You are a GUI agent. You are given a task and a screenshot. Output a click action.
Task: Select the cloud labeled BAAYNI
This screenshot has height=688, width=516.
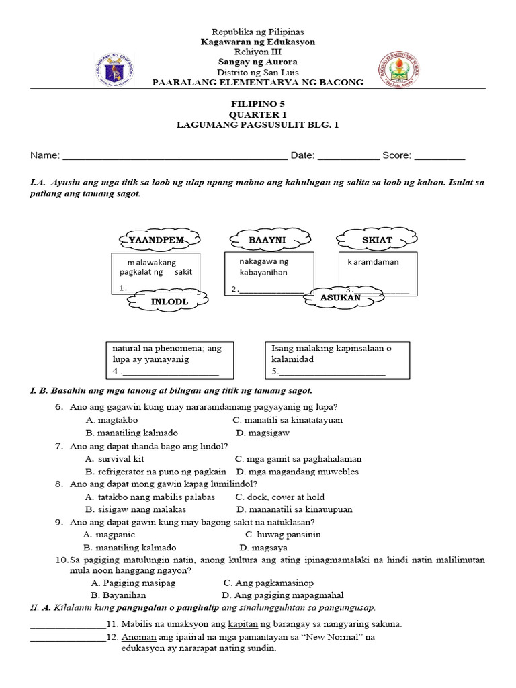pyautogui.click(x=269, y=239)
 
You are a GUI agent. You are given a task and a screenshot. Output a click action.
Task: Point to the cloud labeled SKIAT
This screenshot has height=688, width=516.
pyautogui.click(x=376, y=239)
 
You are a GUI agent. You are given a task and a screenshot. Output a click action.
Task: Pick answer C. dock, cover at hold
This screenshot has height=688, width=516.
pyautogui.click(x=279, y=497)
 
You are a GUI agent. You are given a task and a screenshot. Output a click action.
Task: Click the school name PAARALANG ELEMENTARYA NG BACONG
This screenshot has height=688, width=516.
pyautogui.click(x=258, y=83)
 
